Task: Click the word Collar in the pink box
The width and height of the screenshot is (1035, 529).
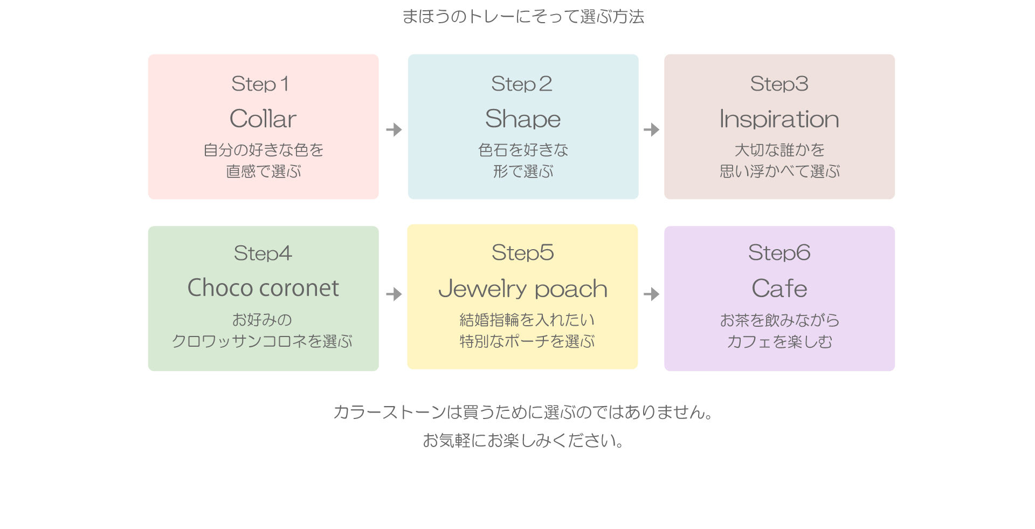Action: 263,119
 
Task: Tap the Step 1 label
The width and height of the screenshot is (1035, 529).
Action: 260,84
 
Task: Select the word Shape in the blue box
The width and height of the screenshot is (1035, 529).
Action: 523,119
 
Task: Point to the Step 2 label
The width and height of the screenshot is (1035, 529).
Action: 522,84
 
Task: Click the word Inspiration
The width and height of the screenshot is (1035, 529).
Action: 779,119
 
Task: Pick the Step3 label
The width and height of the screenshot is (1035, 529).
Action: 779,84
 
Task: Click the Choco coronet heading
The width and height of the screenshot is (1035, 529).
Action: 263,287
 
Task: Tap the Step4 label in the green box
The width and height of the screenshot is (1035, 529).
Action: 263,253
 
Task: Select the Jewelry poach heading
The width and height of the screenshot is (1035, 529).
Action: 523,289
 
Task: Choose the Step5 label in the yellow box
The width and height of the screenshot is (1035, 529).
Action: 523,252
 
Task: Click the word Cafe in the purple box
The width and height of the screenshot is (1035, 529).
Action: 779,288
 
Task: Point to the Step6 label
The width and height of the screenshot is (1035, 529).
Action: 779,252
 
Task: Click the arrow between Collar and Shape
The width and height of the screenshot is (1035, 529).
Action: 394,129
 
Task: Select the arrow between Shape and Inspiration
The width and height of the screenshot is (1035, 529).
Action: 652,129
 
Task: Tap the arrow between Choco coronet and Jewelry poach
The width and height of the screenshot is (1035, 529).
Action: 394,294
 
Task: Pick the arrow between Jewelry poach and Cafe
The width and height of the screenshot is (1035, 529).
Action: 652,294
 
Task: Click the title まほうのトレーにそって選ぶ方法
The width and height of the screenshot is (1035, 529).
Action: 523,17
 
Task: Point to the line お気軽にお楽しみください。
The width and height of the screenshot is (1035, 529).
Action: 523,441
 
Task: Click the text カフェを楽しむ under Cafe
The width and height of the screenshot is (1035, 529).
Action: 779,341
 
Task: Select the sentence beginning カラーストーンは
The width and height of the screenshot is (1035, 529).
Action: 523,412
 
